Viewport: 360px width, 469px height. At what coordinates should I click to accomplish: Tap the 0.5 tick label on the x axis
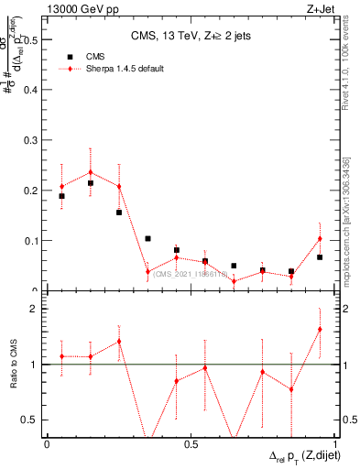pos(191,444)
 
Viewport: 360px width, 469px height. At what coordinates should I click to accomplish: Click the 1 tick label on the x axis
pos(336,444)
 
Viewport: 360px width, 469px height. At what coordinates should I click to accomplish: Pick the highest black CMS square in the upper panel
pos(91,183)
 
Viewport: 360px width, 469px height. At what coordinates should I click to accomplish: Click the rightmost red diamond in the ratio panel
pos(320,329)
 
